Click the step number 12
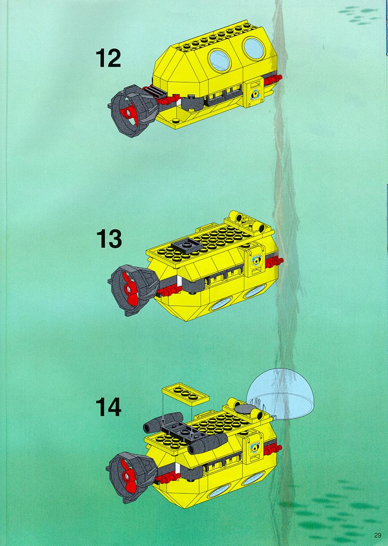pos(108,58)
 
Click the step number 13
pos(109,239)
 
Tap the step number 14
pos(108,407)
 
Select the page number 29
pos(377,535)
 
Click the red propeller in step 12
pos(129,113)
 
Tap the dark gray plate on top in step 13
pos(186,245)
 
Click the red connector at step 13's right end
pos(275,261)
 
